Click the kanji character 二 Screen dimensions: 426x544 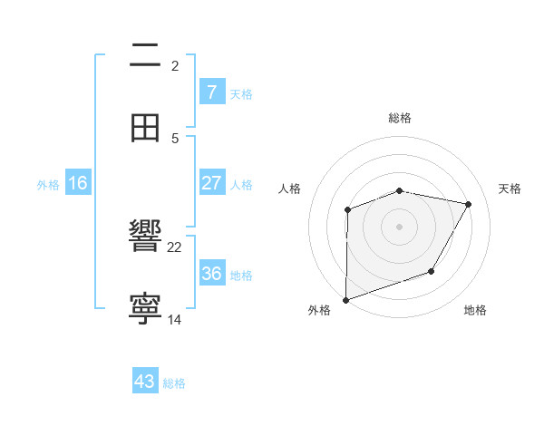coord(145,55)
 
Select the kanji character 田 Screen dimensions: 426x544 coord(145,128)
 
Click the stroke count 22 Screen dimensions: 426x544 coord(175,247)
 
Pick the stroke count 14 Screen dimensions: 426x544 coord(175,319)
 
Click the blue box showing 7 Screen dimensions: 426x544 coord(211,92)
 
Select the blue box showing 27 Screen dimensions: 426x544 coord(211,182)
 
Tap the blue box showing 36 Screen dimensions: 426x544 coord(211,273)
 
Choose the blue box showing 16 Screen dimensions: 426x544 coord(78,183)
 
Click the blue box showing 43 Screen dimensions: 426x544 coord(145,382)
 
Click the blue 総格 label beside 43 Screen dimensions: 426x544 coord(174,383)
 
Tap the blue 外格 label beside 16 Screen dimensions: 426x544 coord(48,185)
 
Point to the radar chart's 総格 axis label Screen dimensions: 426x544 coord(400,118)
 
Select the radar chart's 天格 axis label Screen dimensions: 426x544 coord(510,189)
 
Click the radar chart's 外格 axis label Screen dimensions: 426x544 coord(318,310)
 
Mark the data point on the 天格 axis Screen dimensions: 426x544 coord(468,205)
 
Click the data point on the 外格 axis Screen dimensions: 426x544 coord(346,298)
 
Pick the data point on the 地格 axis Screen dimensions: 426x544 coord(432,271)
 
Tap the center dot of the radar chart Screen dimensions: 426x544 coord(400,226)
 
